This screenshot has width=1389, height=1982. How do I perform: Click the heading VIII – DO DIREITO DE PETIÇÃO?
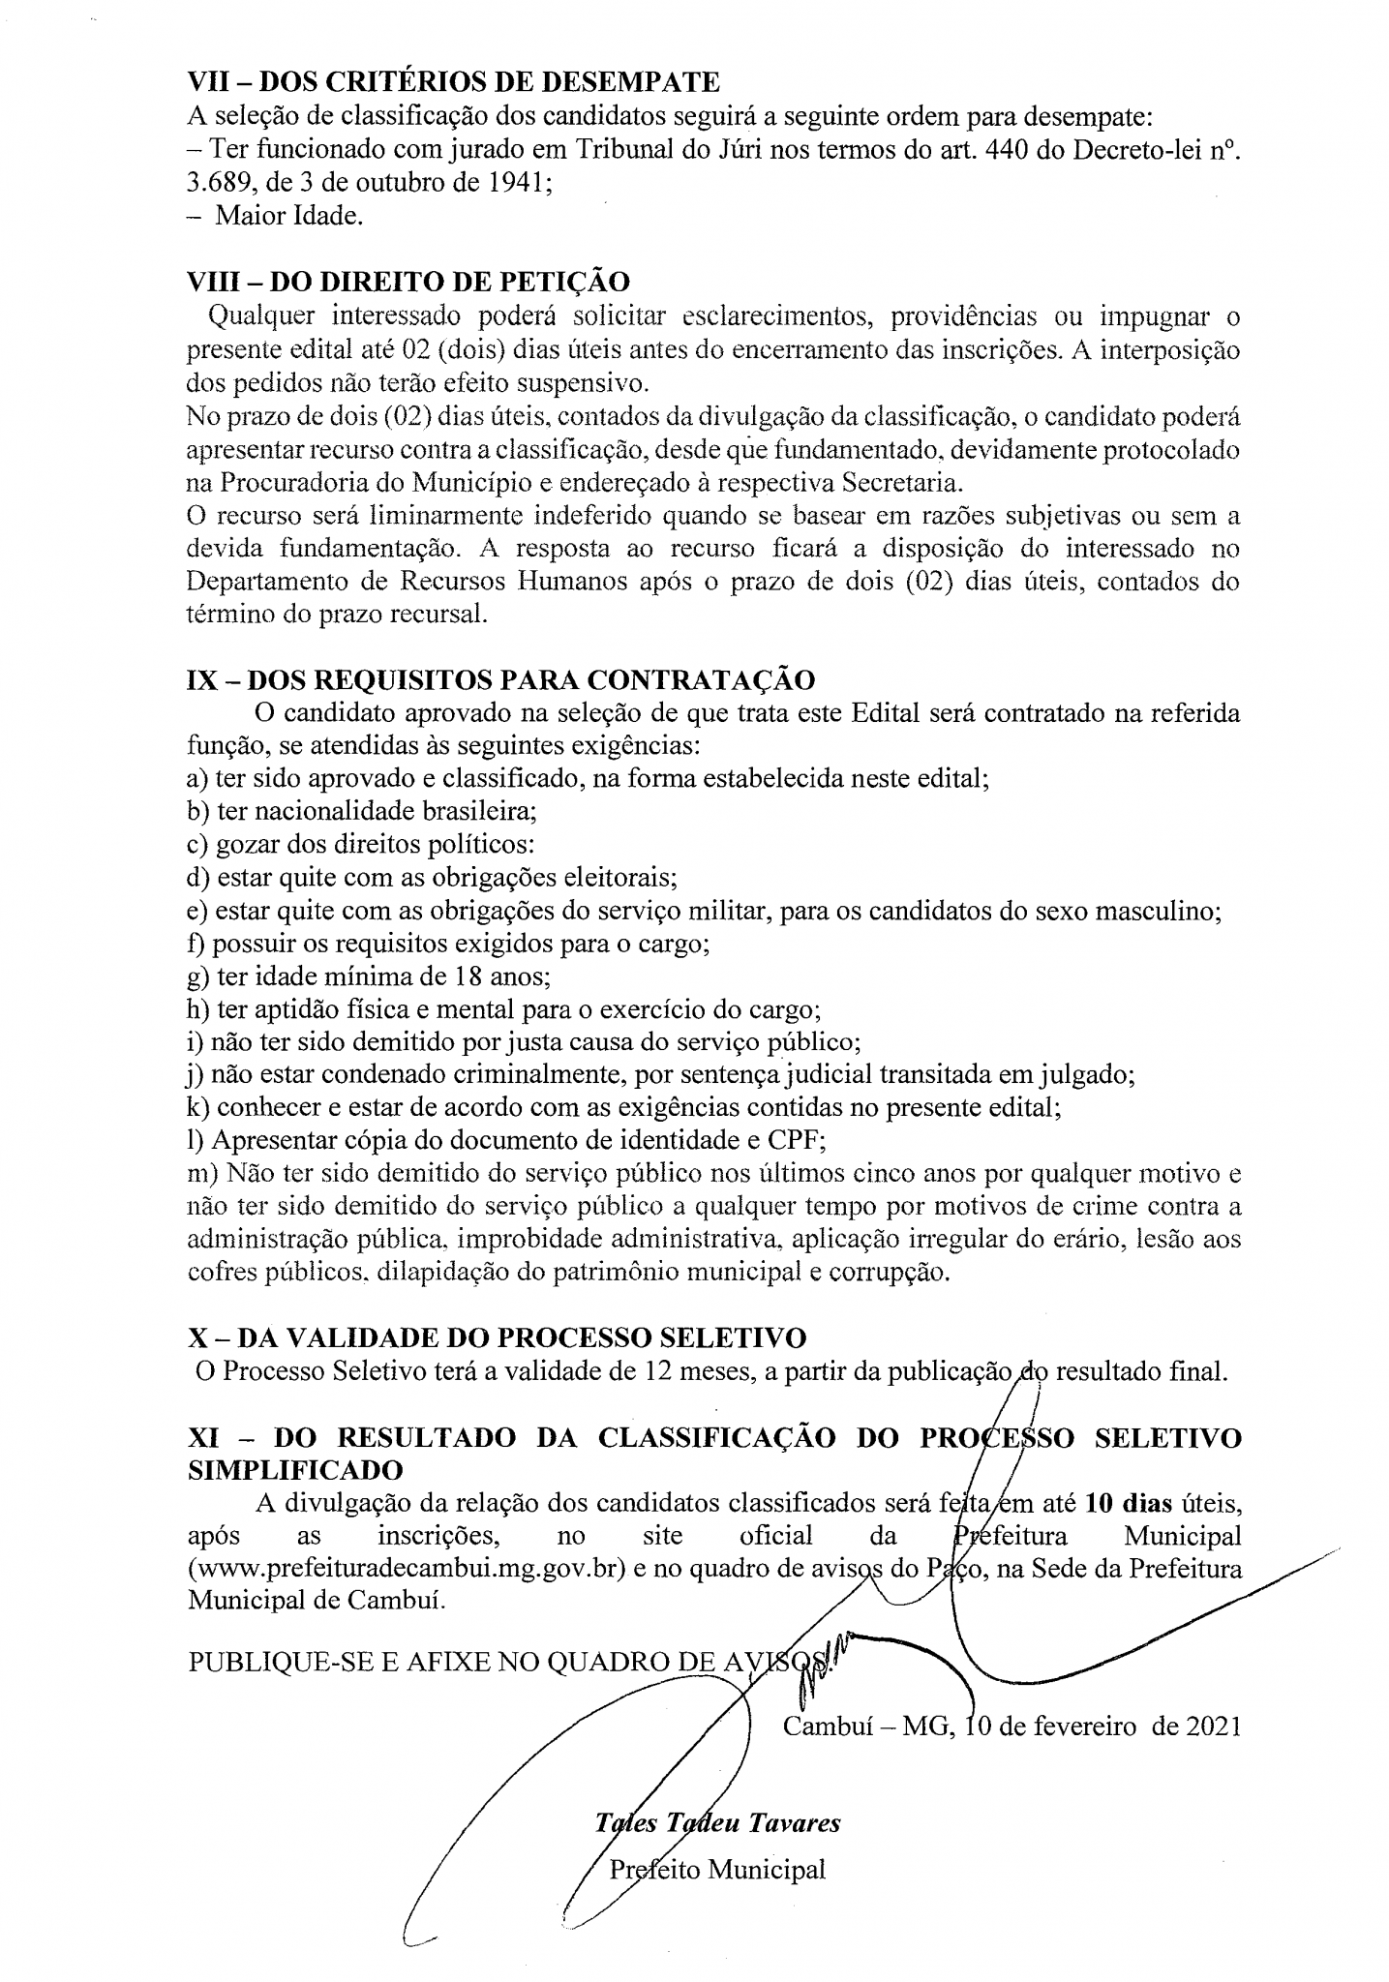(x=408, y=282)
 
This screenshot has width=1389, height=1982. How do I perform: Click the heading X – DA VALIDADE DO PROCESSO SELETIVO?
(x=497, y=1338)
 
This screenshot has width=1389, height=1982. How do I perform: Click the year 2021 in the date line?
(x=1204, y=1727)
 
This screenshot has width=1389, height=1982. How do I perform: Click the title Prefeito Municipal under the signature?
(x=716, y=1869)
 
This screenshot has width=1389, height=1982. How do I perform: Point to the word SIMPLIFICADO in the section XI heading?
(x=294, y=1469)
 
